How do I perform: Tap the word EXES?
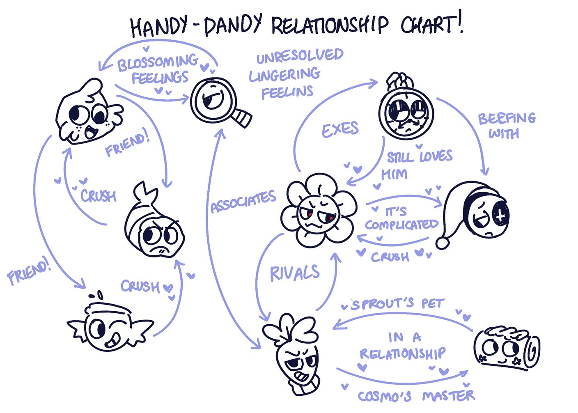point(340,130)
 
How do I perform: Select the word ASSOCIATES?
point(243,202)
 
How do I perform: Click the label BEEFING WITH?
point(506,125)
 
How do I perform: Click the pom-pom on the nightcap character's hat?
point(443,243)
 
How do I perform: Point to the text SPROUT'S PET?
point(397,304)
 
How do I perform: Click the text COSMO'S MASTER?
point(416,396)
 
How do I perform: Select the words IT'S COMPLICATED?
point(401,218)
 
